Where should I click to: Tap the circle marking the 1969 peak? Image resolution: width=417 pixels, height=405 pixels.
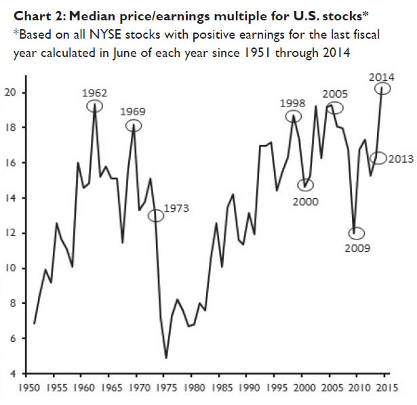(134, 126)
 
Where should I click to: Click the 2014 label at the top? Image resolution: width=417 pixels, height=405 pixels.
(382, 77)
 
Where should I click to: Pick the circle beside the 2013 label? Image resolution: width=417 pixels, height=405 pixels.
(378, 158)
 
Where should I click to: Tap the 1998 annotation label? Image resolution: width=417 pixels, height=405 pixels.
(294, 103)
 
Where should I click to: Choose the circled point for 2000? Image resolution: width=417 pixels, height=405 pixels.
(306, 185)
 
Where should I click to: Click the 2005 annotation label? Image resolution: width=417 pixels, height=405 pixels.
(336, 94)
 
